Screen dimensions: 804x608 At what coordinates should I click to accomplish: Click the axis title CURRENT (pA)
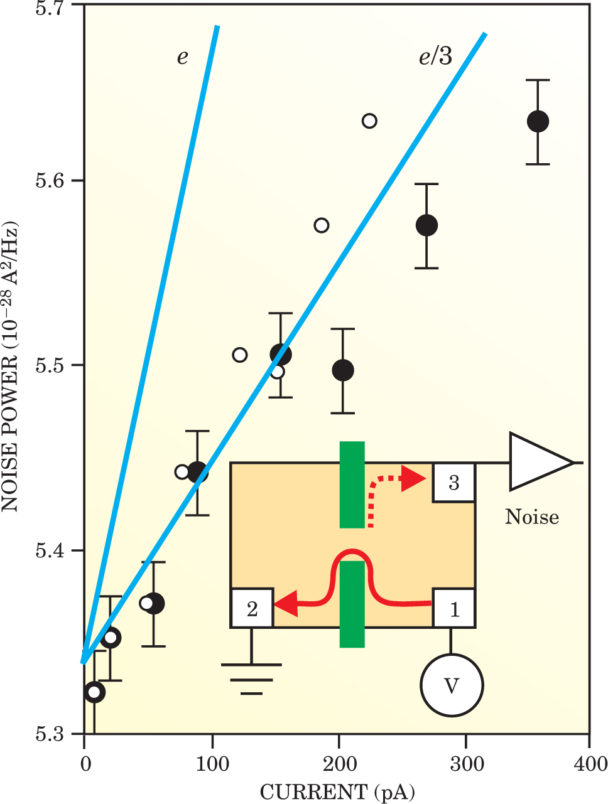pos(337,792)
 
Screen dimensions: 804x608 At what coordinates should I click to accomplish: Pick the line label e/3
pos(435,57)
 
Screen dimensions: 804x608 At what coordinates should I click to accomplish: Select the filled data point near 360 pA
pos(538,121)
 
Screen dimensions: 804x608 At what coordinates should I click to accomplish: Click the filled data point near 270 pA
pos(426,225)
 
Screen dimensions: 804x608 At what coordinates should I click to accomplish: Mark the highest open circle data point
pos(369,121)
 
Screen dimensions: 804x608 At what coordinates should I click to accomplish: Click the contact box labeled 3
pos(453,483)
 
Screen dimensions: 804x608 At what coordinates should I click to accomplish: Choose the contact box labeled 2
pos(252,608)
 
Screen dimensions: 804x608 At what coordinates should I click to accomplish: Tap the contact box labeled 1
pos(453,608)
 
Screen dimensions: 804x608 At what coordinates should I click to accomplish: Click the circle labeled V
pos(452,685)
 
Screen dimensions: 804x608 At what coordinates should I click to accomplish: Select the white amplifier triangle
pos(534,462)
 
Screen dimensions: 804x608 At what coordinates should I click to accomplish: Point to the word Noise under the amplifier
pos(532,517)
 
